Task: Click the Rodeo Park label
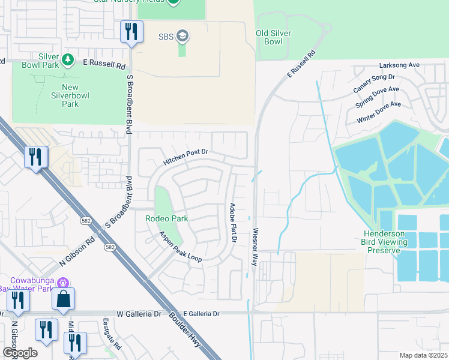pos(166,218)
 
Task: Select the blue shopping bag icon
pos(64,299)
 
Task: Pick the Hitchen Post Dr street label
pos(185,158)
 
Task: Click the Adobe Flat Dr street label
pos(233,223)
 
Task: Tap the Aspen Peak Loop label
pos(180,247)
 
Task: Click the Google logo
pos(20,352)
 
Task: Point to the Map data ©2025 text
pos(423,355)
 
